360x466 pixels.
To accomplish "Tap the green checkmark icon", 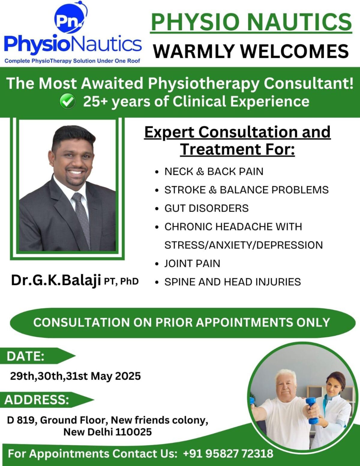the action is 67,101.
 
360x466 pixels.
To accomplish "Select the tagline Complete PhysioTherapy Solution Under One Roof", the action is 72,61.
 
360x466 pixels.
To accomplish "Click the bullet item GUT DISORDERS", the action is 206,208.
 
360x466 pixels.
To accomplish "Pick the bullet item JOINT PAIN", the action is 192,263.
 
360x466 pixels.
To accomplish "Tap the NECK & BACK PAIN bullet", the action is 214,171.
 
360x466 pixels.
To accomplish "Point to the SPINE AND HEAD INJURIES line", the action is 232,282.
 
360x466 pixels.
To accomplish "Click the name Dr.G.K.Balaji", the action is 56,280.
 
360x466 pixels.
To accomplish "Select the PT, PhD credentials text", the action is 121,281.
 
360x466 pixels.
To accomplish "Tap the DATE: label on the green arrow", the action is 25,356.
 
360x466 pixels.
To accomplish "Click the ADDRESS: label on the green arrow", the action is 37,400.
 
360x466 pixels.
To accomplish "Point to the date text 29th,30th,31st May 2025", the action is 75,376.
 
